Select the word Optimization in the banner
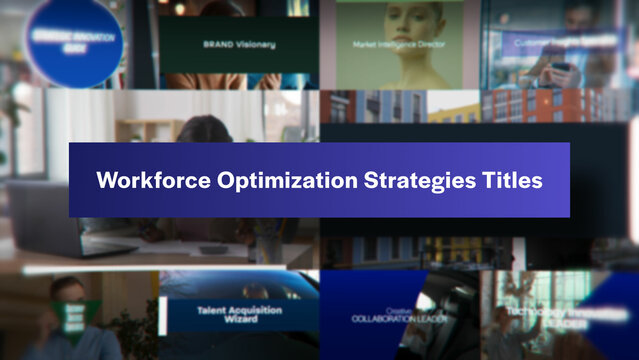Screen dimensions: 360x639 (x=268, y=181)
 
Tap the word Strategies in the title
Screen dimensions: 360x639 (x=405, y=181)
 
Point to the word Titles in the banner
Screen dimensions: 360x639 (x=509, y=181)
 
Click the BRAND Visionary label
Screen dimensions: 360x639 (x=239, y=45)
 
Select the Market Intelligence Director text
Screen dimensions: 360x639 (x=398, y=45)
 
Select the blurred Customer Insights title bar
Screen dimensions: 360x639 (x=562, y=43)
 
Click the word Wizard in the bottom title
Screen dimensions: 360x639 (x=240, y=321)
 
